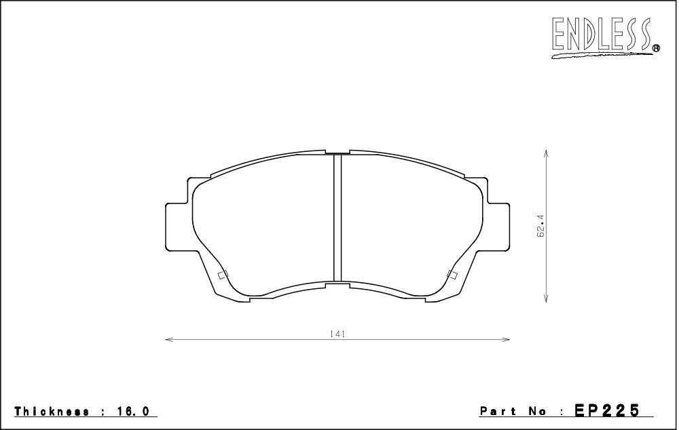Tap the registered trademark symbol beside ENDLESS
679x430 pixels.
tap(656, 48)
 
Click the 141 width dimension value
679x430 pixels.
tap(337, 334)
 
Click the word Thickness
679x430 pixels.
tap(52, 411)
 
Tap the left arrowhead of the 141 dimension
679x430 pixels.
tap(169, 340)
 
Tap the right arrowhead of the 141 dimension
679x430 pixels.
tap(506, 340)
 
